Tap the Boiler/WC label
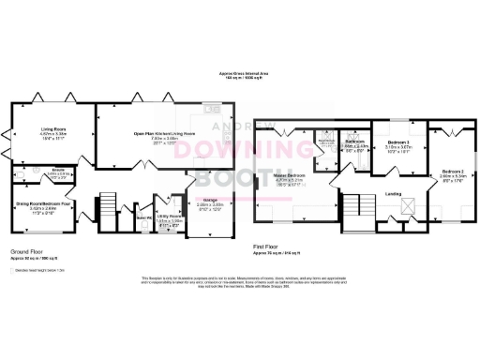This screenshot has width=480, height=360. [x=143, y=217]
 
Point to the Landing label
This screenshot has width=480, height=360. [x=395, y=194]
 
